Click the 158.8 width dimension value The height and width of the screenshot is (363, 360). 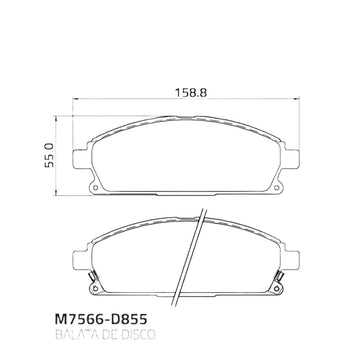[x=191, y=93]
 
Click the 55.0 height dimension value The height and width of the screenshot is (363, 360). [x=49, y=155]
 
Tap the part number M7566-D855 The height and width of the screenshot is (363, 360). [x=101, y=320]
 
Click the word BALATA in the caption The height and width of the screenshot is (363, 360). [x=73, y=334]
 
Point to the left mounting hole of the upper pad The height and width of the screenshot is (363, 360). [x=96, y=188]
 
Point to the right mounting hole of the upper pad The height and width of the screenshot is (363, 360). [x=276, y=188]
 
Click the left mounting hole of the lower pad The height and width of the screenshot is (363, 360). [x=96, y=288]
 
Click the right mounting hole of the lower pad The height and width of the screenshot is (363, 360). [x=276, y=288]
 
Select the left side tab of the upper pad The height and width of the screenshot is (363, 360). [x=81, y=158]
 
